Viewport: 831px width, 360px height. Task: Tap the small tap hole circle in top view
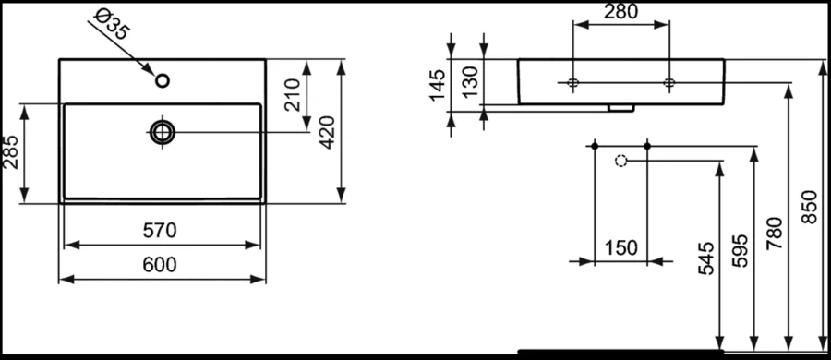point(163,81)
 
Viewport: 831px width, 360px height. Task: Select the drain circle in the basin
point(163,132)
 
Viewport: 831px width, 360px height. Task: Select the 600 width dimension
point(161,265)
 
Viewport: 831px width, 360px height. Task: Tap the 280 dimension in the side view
point(620,14)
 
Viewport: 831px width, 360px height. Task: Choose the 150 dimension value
point(620,247)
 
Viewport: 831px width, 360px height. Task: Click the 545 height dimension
point(705,261)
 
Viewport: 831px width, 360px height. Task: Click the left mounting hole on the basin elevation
point(573,84)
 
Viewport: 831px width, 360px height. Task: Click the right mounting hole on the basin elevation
point(669,84)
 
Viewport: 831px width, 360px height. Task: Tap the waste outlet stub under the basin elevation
point(620,107)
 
